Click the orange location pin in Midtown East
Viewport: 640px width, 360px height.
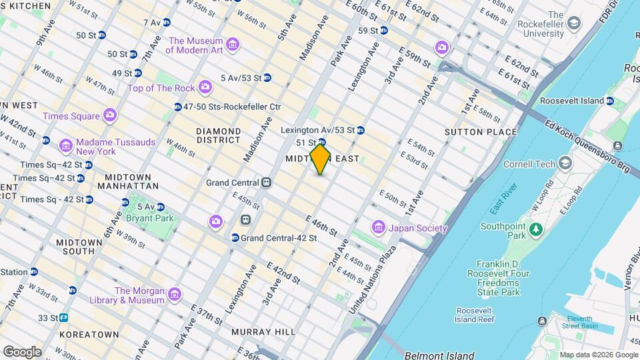coord(321,159)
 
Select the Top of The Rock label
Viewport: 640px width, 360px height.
coord(161,88)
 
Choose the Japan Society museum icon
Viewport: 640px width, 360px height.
coord(379,228)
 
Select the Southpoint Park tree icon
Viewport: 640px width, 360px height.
coord(535,229)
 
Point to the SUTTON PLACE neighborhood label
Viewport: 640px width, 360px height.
coord(481,132)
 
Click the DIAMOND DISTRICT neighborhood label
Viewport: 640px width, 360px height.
coord(218,135)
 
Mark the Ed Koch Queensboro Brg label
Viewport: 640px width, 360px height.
coord(587,145)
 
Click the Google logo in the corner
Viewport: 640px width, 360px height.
coord(21,351)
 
